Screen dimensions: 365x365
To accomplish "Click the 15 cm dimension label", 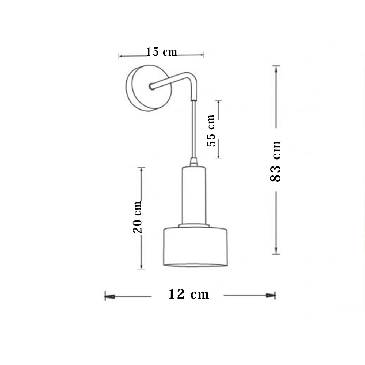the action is pos(162,52).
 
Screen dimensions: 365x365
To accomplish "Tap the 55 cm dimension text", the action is pos(211,130).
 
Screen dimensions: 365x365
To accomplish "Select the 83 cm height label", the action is pos(276,161).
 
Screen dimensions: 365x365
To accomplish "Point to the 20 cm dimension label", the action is pos(137,217).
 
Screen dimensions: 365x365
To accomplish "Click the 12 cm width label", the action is pos(189,294).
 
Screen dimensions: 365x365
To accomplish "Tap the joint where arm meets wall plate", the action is pos(151,87).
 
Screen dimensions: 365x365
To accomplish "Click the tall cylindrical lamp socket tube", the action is pos(194,195).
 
